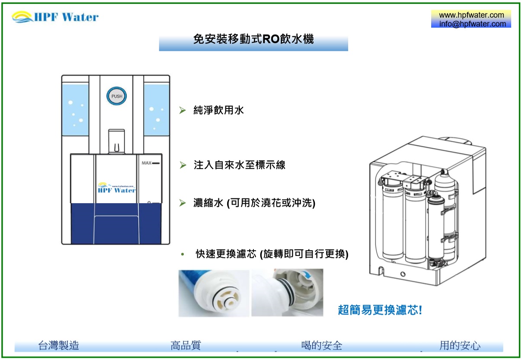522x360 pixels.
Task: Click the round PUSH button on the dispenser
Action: [x=116, y=96]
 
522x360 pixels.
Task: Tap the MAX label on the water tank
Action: [x=147, y=163]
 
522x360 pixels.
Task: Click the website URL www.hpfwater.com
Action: [x=471, y=15]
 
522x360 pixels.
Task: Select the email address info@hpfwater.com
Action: [x=473, y=24]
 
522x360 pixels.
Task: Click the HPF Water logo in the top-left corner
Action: [x=55, y=17]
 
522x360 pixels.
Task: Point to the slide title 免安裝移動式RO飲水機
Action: [x=253, y=39]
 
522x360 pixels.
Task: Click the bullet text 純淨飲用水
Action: [x=218, y=110]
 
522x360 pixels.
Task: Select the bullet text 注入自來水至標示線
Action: [x=240, y=165]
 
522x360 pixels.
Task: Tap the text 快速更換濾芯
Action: [x=226, y=254]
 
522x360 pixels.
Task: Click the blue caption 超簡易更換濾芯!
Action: [x=380, y=310]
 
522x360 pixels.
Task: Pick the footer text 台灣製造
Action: [x=58, y=345]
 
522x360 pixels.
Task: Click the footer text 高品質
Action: [x=186, y=345]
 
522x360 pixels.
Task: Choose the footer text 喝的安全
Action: [x=322, y=345]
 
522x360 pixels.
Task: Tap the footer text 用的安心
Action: [x=460, y=345]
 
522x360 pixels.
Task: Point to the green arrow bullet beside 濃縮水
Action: [x=183, y=203]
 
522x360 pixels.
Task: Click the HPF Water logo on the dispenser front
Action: [x=116, y=188]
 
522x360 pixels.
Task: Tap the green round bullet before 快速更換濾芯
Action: [x=183, y=254]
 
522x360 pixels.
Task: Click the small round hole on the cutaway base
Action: [x=403, y=274]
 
